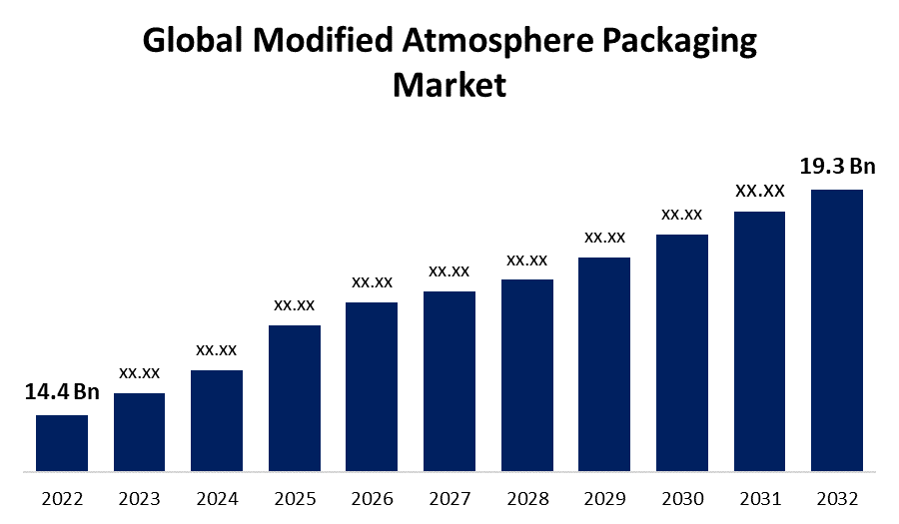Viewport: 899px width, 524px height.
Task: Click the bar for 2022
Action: point(62,442)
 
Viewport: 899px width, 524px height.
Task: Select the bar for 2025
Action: point(295,397)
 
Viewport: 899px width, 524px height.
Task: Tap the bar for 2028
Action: point(527,374)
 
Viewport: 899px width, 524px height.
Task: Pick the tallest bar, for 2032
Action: point(837,329)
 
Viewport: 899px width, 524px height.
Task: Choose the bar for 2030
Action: point(682,352)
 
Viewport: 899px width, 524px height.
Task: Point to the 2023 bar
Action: point(140,431)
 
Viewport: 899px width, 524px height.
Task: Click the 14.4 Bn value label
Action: point(62,392)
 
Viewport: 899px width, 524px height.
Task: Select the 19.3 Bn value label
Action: point(837,166)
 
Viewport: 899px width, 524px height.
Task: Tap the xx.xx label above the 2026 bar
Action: point(372,282)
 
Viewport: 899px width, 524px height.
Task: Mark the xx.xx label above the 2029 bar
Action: point(604,237)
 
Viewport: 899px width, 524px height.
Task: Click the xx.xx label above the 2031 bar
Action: point(759,190)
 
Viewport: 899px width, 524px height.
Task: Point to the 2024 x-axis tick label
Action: point(217,497)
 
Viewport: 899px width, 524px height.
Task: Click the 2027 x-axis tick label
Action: point(449,497)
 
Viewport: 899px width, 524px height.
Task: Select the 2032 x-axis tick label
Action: point(837,497)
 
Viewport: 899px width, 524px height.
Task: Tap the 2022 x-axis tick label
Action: point(62,497)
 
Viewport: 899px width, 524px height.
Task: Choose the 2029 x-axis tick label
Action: point(604,497)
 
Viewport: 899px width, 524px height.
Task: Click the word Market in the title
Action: point(449,84)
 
